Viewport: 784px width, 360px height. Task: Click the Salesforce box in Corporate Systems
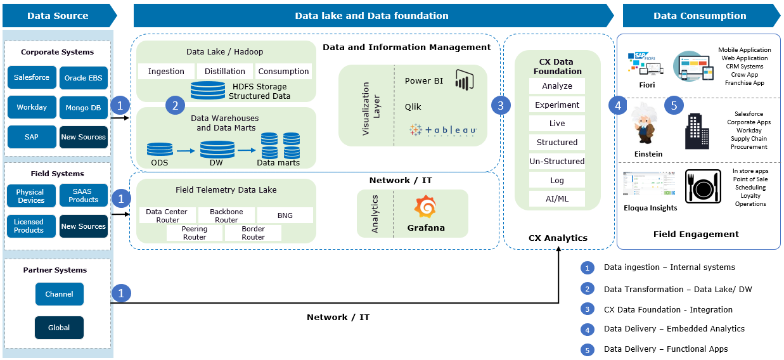(32, 77)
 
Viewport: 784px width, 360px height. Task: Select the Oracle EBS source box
(84, 78)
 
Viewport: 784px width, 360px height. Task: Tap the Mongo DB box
(84, 108)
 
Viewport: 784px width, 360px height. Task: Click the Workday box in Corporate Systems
(32, 107)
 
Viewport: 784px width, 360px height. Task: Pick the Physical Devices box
(30, 196)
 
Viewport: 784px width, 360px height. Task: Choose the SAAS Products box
(84, 195)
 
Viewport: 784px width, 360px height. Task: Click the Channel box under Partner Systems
(59, 294)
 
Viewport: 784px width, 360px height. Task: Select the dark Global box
(59, 328)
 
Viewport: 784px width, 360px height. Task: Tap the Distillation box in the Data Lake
(225, 72)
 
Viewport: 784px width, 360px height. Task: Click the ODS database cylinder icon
(160, 150)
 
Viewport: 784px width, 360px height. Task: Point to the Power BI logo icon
(465, 80)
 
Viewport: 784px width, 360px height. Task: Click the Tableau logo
(443, 130)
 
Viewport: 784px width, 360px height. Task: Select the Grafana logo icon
(425, 208)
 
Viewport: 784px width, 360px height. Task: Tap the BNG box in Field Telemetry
(285, 215)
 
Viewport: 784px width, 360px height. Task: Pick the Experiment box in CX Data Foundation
(557, 105)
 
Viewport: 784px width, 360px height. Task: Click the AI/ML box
(557, 199)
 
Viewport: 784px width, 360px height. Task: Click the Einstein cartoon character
(646, 124)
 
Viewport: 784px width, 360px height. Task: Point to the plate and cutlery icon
(703, 186)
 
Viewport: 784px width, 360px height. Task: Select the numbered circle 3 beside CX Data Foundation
(501, 105)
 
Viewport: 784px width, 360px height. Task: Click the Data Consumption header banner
(700, 16)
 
